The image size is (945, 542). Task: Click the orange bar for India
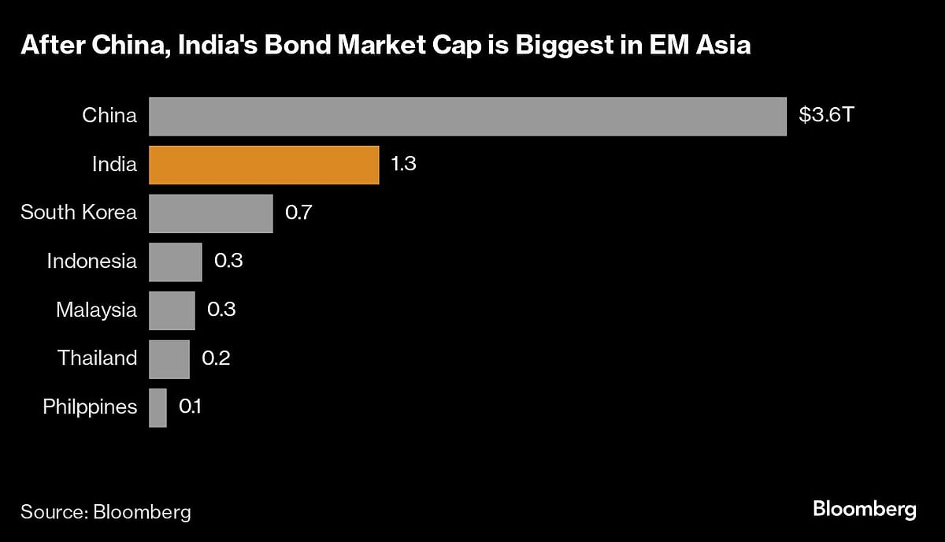pos(264,165)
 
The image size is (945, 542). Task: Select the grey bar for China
pos(467,117)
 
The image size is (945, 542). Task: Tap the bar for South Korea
pos(210,213)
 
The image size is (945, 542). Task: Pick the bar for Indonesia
pos(175,262)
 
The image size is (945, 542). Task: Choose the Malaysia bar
pos(172,310)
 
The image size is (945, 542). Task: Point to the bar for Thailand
pos(169,359)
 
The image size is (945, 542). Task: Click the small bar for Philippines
pos(157,407)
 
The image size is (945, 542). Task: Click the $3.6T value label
pos(826,116)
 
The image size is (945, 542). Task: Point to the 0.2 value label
pos(216,358)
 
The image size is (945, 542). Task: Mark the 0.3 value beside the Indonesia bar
pos(228,261)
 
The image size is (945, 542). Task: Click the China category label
pos(109,116)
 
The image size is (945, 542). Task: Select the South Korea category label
pos(79,213)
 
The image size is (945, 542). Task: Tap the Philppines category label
pos(90,407)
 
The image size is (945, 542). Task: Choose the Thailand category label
pos(97,358)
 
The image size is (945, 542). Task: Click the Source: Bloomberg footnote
pos(106,512)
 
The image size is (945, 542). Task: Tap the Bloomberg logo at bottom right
pos(865,509)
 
